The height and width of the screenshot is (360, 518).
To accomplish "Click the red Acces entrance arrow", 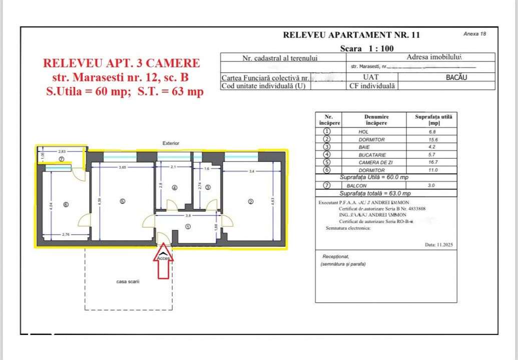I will pyautogui.click(x=163, y=263).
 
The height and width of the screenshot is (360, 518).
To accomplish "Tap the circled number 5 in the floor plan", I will pyautogui.click(x=122, y=201).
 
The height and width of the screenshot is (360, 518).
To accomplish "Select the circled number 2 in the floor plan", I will pyautogui.click(x=251, y=201).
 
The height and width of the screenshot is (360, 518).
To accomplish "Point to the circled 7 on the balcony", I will pyautogui.click(x=62, y=159).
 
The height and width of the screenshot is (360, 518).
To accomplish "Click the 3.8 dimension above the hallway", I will pyautogui.click(x=187, y=216).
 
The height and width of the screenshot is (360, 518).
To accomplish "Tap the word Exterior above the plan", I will pyautogui.click(x=171, y=143).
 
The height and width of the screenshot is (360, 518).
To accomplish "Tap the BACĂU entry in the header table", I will pyautogui.click(x=456, y=77).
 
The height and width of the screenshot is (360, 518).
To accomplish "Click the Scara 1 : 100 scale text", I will pyautogui.click(x=366, y=48).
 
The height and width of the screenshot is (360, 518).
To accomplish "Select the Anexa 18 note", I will pyautogui.click(x=474, y=34).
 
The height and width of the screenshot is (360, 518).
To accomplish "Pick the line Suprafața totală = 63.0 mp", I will pyautogui.click(x=375, y=193).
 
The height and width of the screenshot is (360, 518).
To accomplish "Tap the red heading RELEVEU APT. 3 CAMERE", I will pyautogui.click(x=121, y=63).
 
